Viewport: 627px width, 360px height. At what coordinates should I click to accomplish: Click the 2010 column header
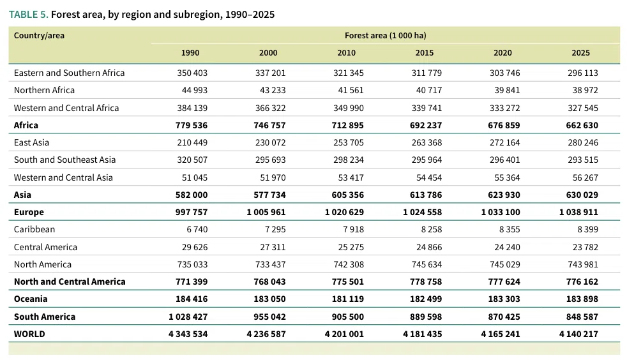point(346,53)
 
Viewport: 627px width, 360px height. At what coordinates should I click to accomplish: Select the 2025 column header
point(580,53)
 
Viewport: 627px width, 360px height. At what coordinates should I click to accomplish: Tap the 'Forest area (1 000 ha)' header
point(386,36)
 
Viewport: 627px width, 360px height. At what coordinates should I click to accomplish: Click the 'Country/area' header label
point(39,36)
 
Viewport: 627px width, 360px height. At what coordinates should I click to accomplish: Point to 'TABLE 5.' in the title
point(28,15)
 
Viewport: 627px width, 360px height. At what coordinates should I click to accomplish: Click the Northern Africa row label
point(45,90)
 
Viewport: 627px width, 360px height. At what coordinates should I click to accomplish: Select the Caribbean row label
point(34,229)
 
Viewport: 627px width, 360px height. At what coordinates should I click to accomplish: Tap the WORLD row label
point(29,334)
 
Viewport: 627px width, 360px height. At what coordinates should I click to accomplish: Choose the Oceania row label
point(31,299)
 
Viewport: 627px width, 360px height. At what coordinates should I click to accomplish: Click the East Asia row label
point(31,142)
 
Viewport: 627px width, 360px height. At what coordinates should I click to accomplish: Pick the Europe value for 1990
point(192,212)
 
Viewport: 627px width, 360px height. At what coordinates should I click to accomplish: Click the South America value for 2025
point(582,317)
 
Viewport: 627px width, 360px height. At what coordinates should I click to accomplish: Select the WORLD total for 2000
point(266,334)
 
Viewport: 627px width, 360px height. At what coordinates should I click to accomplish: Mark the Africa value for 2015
point(426,126)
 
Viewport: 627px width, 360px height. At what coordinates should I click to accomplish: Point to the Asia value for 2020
point(504,195)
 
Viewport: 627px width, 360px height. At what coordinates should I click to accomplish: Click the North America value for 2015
point(427,264)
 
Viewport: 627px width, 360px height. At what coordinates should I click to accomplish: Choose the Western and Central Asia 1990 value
point(195,177)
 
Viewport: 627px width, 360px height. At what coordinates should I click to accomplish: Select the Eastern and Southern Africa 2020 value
point(504,73)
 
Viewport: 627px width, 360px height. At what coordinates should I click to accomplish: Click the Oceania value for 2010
point(348,299)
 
